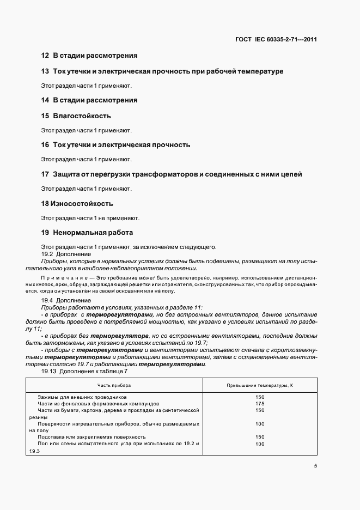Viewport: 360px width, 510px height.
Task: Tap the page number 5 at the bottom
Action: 316,466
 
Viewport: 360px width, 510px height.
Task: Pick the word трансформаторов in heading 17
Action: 162,174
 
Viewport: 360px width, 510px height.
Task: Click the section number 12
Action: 45,56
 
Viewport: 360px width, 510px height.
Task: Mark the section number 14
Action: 45,100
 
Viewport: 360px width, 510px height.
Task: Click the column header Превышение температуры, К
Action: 260,385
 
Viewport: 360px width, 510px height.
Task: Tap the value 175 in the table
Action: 260,404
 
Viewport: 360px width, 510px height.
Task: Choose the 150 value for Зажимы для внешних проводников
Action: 260,397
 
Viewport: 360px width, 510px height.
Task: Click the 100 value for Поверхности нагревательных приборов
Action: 260,423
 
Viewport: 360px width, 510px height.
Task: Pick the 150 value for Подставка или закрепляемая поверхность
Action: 260,437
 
